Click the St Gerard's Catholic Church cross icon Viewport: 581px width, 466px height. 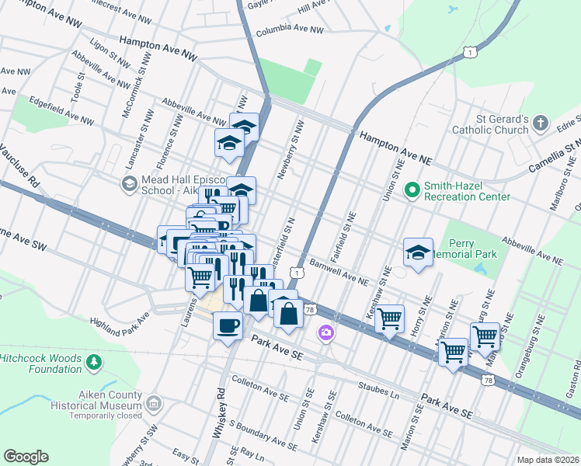tap(541, 123)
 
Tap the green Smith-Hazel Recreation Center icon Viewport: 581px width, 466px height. tap(412, 188)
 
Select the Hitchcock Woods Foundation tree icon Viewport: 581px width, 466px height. tap(94, 362)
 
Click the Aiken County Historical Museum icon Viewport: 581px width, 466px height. tap(154, 403)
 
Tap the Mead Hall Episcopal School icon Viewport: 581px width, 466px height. tap(128, 183)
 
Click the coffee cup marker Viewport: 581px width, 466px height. tap(228, 325)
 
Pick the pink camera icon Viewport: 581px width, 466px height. tap(325, 332)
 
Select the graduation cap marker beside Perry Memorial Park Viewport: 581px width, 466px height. tap(418, 252)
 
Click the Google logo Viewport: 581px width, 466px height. tap(26, 456)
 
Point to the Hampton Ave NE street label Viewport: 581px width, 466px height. tap(395, 148)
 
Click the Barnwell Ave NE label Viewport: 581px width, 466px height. tap(339, 272)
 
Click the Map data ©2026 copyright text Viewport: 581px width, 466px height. tap(548, 460)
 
